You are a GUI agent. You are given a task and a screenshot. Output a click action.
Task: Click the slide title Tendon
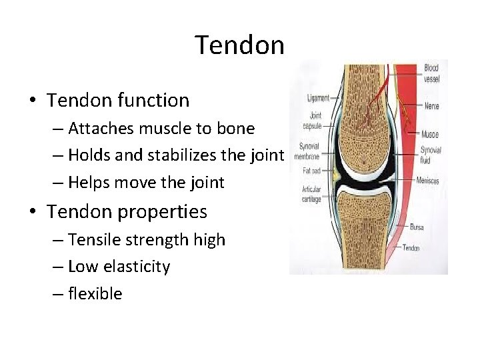(x=239, y=45)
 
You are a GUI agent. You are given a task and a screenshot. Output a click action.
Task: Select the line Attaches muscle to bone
(x=161, y=128)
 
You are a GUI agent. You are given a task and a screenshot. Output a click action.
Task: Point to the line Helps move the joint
(x=146, y=183)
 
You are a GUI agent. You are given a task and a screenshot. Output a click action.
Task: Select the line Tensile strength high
(x=147, y=239)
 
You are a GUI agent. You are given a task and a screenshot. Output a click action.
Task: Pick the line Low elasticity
(x=119, y=267)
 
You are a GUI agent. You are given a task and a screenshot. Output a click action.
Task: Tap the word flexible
(x=95, y=294)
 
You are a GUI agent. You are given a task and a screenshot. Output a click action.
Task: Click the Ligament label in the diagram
(x=317, y=98)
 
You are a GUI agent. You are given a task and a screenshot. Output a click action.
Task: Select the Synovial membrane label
(x=309, y=151)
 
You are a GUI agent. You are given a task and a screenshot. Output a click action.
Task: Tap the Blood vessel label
(x=431, y=73)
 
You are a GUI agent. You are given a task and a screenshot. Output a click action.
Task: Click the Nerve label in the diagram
(x=431, y=106)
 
